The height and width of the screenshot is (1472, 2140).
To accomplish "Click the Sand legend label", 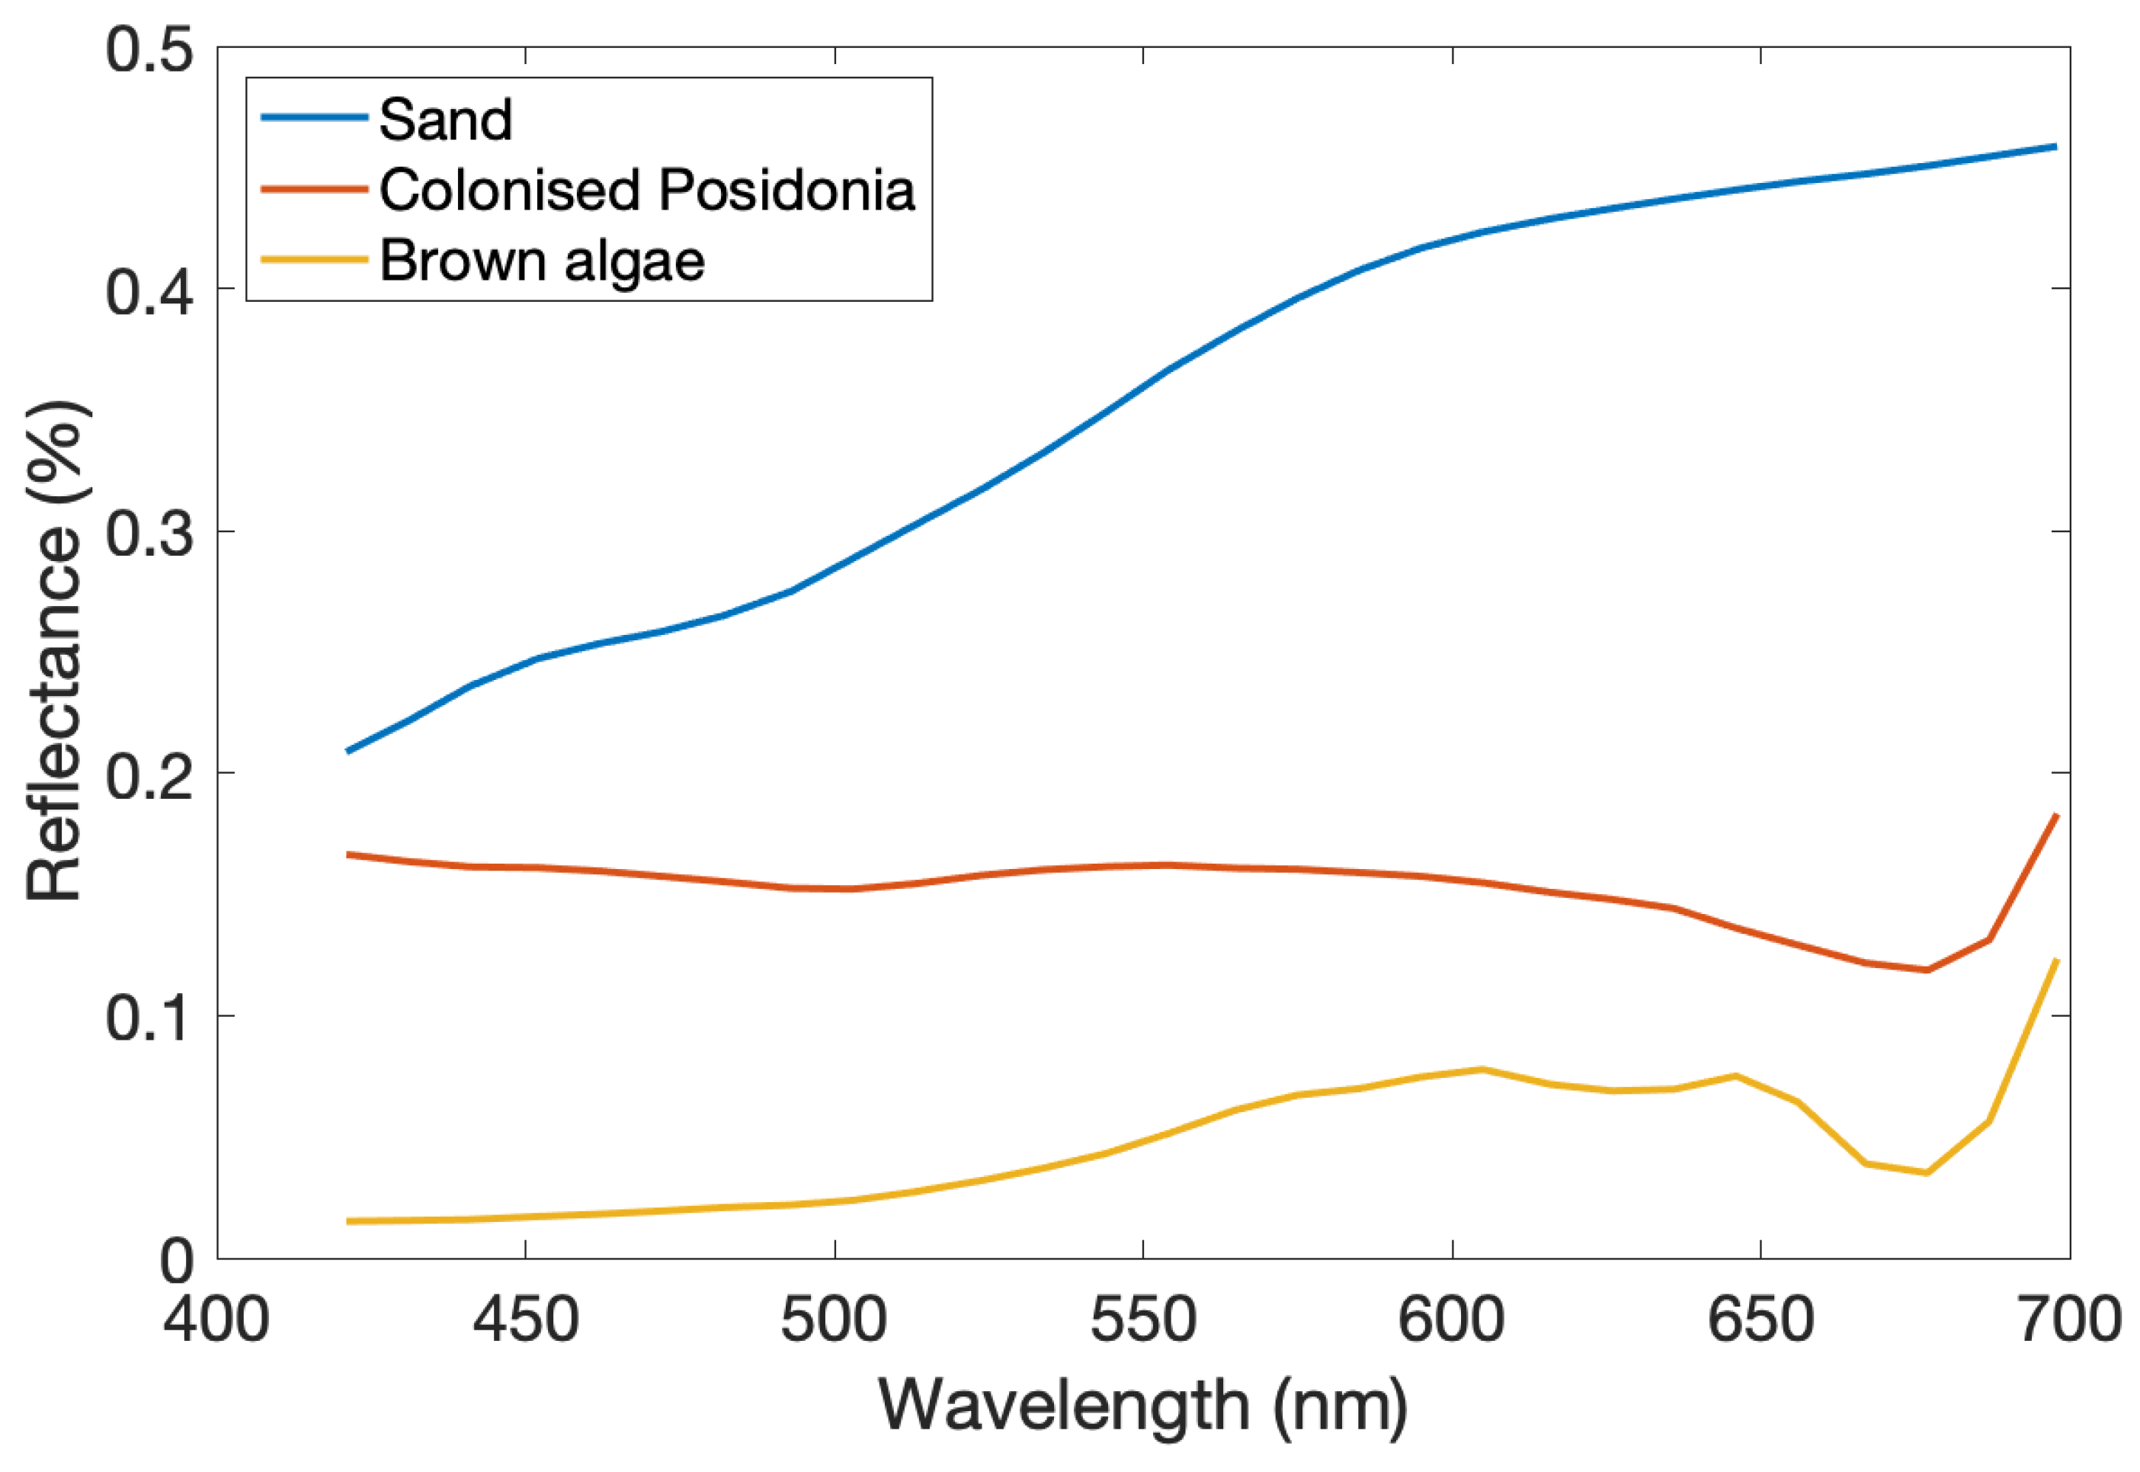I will pyautogui.click(x=445, y=120).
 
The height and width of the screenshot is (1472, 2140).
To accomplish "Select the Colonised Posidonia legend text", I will pyautogui.click(x=646, y=190).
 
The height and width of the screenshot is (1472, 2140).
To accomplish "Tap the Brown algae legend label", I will pyautogui.click(x=541, y=261).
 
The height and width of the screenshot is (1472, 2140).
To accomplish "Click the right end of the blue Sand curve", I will pyautogui.click(x=2056, y=146).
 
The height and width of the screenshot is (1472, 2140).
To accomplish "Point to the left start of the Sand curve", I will pyautogui.click(x=348, y=752).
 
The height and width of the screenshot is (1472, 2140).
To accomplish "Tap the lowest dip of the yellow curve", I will pyautogui.click(x=1926, y=1173).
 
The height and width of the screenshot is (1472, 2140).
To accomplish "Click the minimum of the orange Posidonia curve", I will pyautogui.click(x=1926, y=970).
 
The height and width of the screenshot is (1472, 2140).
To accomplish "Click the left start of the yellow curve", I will pyautogui.click(x=348, y=1221).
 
